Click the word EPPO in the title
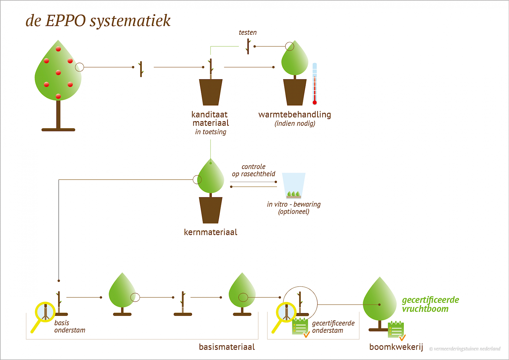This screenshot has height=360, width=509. [65, 21]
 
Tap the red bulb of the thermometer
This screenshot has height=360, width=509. [314, 102]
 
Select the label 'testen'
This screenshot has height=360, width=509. [247, 33]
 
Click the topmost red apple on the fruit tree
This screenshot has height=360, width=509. [58, 49]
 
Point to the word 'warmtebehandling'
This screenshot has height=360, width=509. [294, 115]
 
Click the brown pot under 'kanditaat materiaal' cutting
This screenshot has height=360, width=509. [211, 92]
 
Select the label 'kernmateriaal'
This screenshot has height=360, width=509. [210, 232]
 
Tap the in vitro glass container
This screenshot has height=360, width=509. [293, 185]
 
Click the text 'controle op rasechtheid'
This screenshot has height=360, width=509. [253, 170]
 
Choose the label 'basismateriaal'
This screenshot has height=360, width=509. [227, 347]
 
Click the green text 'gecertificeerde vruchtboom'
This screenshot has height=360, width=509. [430, 304]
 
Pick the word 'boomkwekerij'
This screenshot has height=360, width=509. [396, 347]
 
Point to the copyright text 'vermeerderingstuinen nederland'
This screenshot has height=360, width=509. [467, 349]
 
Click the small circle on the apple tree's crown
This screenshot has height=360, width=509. [80, 67]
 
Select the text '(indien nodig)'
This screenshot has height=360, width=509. [295, 123]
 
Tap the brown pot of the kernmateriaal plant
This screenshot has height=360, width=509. [210, 210]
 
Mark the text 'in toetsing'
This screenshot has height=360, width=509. [210, 132]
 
